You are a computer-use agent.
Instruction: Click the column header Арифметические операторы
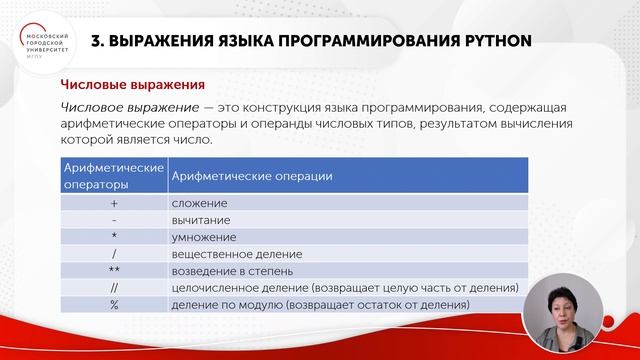pyautogui.click(x=113, y=176)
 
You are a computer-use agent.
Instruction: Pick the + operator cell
pyautogui.click(x=113, y=202)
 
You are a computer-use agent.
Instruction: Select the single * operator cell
pyautogui.click(x=113, y=237)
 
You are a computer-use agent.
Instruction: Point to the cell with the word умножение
pyautogui.click(x=204, y=237)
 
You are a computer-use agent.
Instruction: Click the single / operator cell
pyautogui.click(x=113, y=254)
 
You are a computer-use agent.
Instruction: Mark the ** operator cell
pyautogui.click(x=113, y=271)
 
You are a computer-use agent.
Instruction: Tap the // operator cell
pyautogui.click(x=113, y=288)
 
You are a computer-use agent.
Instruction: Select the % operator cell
pyautogui.click(x=113, y=305)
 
